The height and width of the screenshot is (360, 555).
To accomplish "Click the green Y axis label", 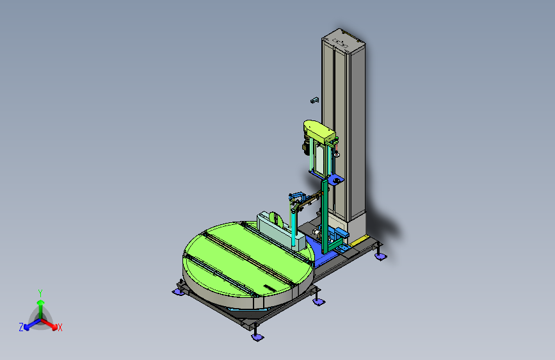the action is click(40, 293).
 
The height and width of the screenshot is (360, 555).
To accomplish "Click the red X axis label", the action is click(60, 327).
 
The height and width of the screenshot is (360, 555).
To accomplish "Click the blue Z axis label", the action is click(21, 327).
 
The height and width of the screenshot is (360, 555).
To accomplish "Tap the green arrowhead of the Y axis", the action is click(41, 302).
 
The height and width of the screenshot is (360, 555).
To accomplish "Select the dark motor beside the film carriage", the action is click(305, 146).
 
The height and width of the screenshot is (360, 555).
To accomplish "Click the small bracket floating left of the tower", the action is click(315, 101).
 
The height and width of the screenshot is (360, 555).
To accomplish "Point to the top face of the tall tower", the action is click(343, 40).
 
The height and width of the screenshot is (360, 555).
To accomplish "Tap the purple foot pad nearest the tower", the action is click(380, 256).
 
